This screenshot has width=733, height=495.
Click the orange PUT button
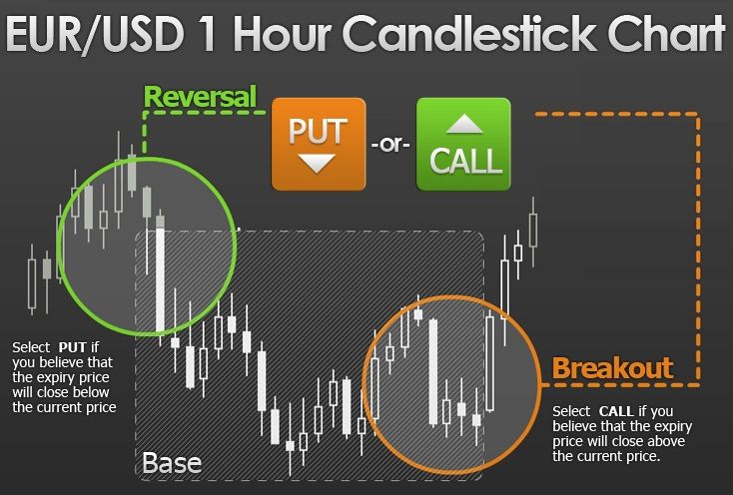(319, 144)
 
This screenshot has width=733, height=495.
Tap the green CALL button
(463, 144)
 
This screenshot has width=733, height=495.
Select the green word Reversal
(201, 97)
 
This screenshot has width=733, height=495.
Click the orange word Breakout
(612, 368)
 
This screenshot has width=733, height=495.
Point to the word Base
(172, 463)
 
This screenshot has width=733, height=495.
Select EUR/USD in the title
(95, 35)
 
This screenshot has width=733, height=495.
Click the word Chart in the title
(666, 34)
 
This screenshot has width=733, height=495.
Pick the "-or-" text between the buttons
(390, 145)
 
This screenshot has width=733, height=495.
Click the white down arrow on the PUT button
(317, 163)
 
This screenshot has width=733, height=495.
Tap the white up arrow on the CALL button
(464, 125)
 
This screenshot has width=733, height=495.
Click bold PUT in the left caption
(73, 347)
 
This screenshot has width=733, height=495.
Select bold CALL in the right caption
(616, 411)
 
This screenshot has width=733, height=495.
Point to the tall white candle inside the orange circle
(433, 372)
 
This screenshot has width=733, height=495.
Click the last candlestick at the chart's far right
(533, 232)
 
